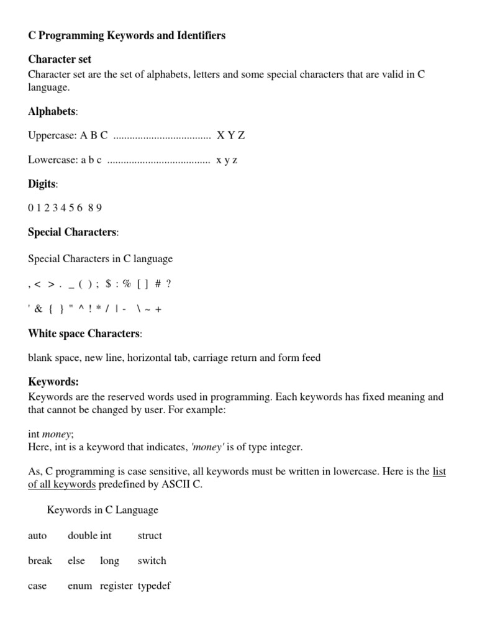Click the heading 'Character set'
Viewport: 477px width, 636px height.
click(x=60, y=60)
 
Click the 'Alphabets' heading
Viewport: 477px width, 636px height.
click(x=52, y=112)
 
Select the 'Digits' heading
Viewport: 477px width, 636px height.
click(x=42, y=184)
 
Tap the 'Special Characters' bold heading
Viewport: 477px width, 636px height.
click(x=72, y=232)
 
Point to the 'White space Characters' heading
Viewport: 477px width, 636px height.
click(x=84, y=334)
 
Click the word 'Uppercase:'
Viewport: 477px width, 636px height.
click(x=52, y=135)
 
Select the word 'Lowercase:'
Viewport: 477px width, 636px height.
click(x=52, y=160)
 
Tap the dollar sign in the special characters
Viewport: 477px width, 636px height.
click(x=109, y=284)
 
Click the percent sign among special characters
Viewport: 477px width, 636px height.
click(x=127, y=284)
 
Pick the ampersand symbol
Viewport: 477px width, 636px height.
click(x=39, y=309)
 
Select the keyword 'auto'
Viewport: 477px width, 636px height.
click(x=37, y=535)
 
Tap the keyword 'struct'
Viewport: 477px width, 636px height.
click(x=150, y=535)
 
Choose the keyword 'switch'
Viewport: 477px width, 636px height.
click(x=152, y=560)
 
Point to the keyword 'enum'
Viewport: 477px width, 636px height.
click(x=79, y=586)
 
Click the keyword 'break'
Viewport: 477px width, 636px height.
click(x=40, y=560)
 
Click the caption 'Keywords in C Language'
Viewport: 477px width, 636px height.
click(x=102, y=510)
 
